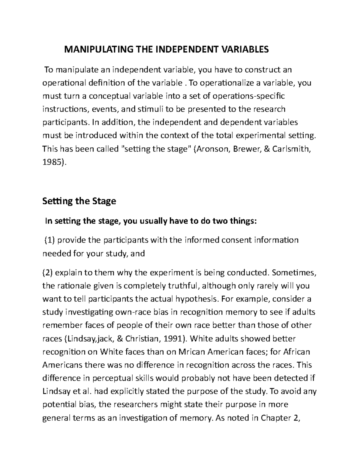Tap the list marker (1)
(x=50, y=240)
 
